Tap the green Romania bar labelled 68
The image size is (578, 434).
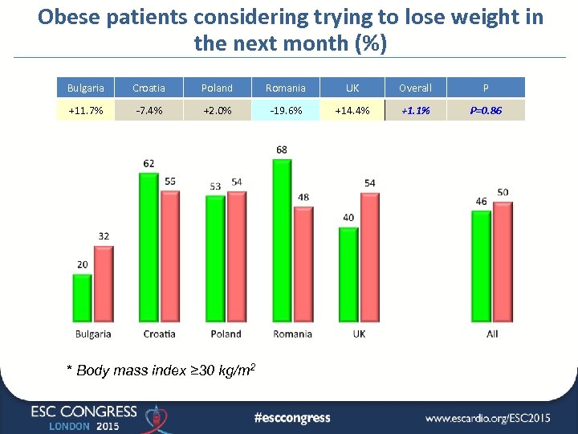[x=283, y=241]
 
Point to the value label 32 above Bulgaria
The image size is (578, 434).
[x=104, y=236]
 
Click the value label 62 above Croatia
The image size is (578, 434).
[x=149, y=163]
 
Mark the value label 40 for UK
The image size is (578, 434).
[x=348, y=218]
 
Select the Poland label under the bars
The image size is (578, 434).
[x=226, y=334]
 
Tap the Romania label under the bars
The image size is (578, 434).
[x=293, y=334]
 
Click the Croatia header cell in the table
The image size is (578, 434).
[x=149, y=88]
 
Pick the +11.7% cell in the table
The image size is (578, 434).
[x=86, y=110]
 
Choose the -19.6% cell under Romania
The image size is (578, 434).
[x=286, y=110]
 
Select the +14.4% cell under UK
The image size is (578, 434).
[x=352, y=110]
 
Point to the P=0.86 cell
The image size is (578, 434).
[x=486, y=110]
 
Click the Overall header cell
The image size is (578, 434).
[x=416, y=88]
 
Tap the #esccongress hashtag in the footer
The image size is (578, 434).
[x=291, y=417]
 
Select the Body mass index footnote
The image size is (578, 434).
[x=161, y=370]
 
